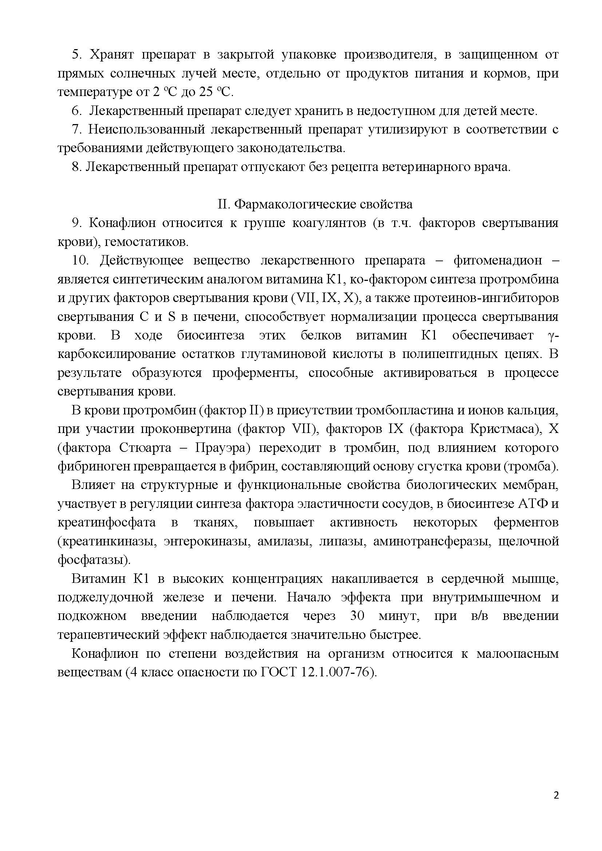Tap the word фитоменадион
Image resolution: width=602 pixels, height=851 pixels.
[x=498, y=261]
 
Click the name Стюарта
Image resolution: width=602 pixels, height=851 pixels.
[x=145, y=448]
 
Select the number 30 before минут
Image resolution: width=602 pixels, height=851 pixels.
[x=357, y=616]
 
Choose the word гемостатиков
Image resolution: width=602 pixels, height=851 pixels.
[x=147, y=242]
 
